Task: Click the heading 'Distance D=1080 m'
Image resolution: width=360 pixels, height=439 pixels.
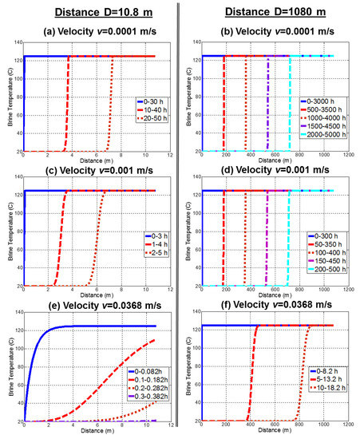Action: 269,10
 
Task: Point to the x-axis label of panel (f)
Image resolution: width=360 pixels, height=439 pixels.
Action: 269,432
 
